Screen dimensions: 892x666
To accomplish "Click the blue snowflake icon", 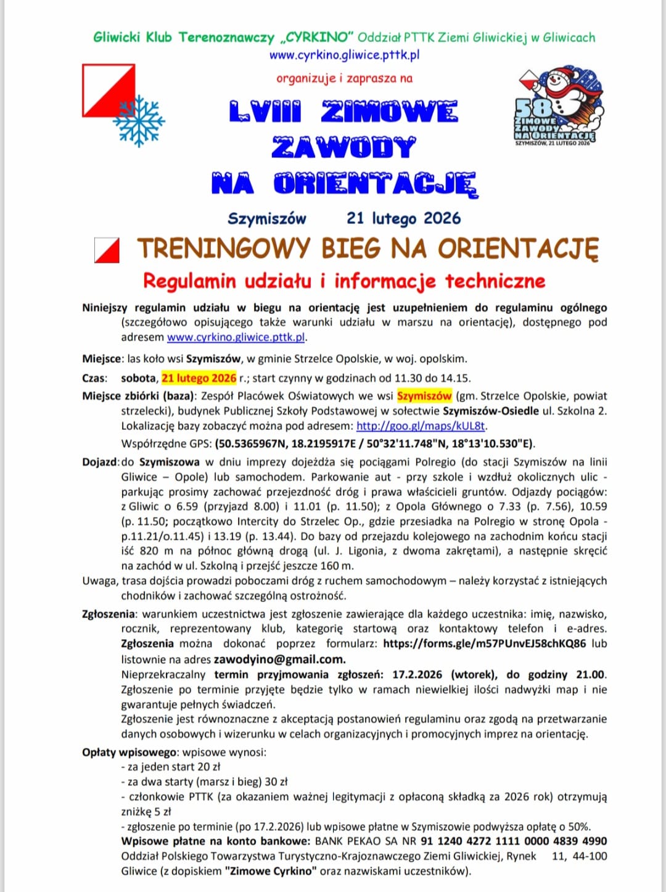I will (x=139, y=121).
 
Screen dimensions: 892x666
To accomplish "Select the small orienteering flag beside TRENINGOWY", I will (x=107, y=250).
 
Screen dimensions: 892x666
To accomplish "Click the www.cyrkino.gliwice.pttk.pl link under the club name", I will (x=344, y=54).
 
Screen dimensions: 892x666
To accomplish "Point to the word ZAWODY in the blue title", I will (x=343, y=147).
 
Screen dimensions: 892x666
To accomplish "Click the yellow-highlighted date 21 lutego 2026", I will (x=199, y=378).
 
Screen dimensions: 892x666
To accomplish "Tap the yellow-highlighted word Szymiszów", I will (x=424, y=396).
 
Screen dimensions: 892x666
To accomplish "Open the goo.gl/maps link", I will (x=421, y=426).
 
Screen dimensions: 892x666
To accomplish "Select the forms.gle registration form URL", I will (x=484, y=643).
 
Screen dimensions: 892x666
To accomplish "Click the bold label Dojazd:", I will (x=101, y=462).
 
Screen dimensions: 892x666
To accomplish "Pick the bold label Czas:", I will (x=94, y=378).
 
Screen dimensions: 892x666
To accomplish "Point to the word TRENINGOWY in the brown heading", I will (x=223, y=249).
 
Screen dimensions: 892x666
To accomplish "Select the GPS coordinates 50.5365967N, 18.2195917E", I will (x=290, y=444).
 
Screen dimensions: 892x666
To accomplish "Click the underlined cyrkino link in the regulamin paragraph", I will (x=236, y=337).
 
